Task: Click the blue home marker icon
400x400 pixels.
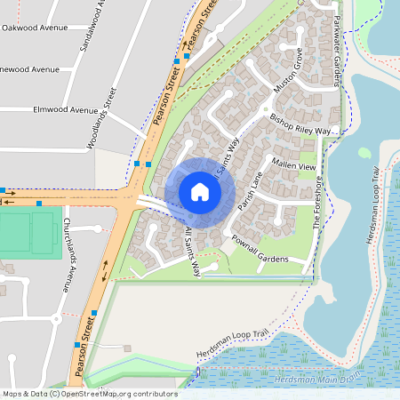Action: tap(199, 192)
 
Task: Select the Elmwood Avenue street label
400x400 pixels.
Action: tap(64, 110)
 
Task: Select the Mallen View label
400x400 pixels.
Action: tap(294, 166)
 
